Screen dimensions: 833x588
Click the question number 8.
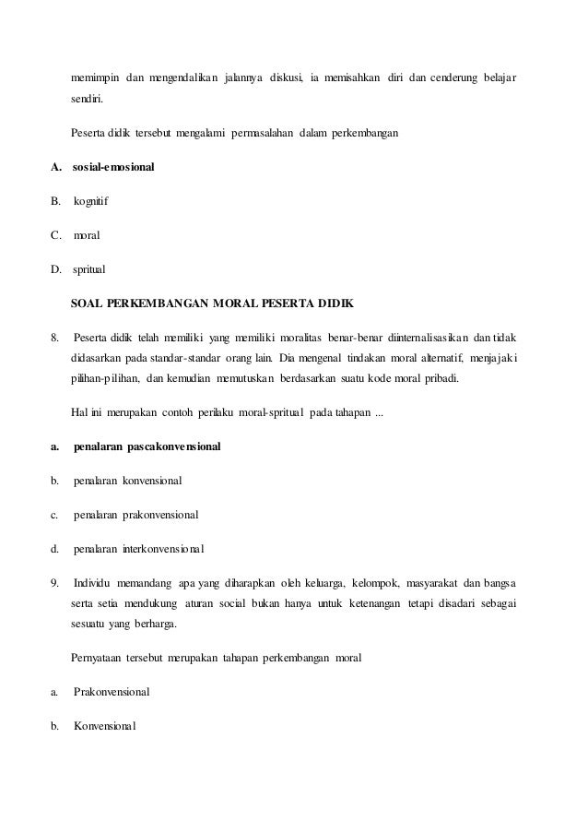click(x=54, y=337)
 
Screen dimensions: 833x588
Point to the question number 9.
click(x=54, y=583)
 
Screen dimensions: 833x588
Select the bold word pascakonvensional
click(x=173, y=446)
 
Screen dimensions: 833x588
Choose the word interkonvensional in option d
click(x=162, y=549)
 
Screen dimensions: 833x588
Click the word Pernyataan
click(x=100, y=657)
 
